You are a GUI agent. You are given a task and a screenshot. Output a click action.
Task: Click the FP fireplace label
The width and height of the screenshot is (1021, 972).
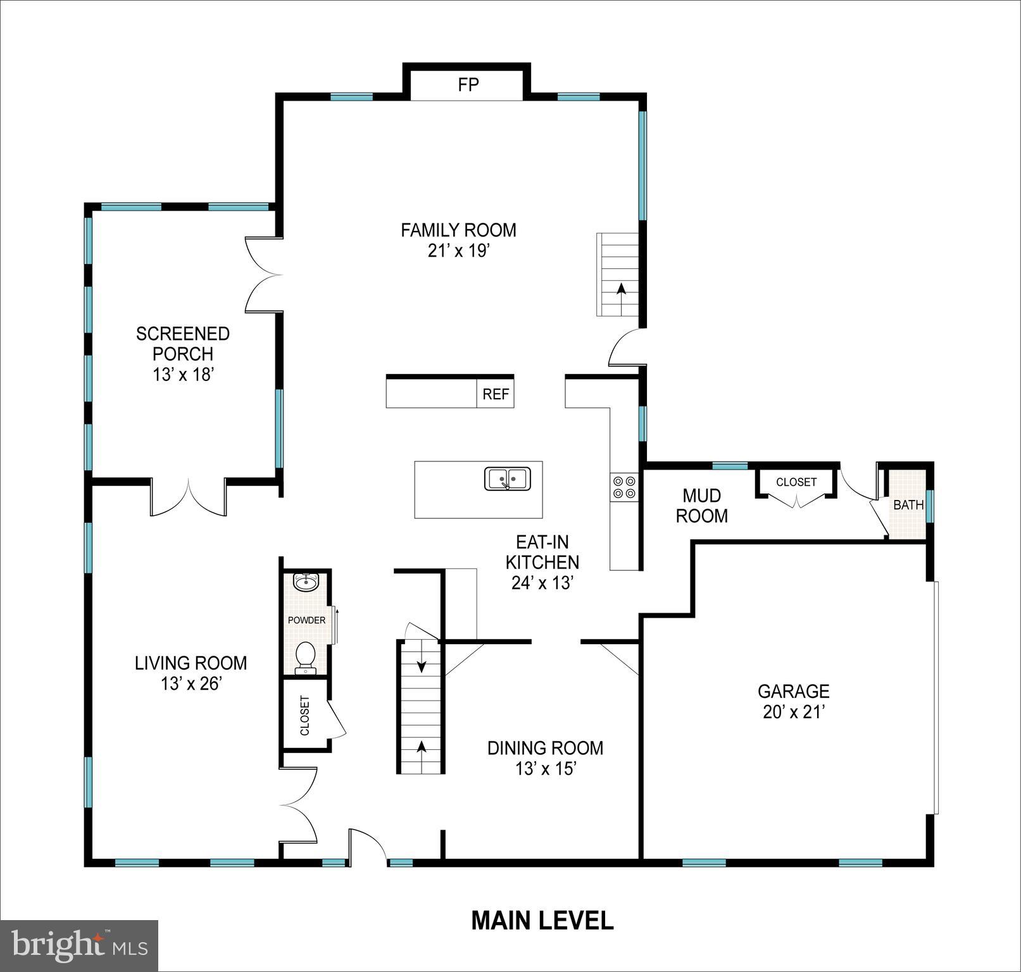[x=468, y=85]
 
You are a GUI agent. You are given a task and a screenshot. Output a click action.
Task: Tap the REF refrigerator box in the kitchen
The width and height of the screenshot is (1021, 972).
[x=495, y=394]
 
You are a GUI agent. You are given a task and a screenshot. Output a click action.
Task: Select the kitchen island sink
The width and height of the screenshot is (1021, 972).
[x=508, y=478]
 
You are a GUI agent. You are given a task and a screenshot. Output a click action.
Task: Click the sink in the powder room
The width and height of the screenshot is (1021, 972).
[x=307, y=582]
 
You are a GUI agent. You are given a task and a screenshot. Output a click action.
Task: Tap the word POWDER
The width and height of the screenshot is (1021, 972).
[x=306, y=620]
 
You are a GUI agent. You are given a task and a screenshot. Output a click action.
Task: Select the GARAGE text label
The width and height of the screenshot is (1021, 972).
[x=793, y=691]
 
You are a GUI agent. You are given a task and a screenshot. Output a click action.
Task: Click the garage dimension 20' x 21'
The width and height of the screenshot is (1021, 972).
[x=794, y=712]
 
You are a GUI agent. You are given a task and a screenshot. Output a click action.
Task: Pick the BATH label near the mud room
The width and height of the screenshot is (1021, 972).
[x=908, y=505]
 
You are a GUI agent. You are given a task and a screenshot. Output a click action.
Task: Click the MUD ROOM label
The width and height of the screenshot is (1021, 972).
[x=701, y=506]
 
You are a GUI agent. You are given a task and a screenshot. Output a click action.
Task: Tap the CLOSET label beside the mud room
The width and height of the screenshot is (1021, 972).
[x=796, y=482]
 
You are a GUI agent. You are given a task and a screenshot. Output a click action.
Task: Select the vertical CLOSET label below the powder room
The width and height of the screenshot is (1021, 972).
[x=305, y=716]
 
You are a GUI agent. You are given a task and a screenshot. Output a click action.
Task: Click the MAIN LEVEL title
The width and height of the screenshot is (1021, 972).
[x=542, y=920]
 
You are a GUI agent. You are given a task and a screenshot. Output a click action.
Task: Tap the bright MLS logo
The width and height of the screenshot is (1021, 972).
[x=79, y=945]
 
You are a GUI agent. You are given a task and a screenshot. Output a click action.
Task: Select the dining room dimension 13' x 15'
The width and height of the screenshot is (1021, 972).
[x=545, y=769]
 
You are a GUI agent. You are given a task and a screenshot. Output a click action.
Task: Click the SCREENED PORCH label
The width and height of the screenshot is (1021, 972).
[x=183, y=344]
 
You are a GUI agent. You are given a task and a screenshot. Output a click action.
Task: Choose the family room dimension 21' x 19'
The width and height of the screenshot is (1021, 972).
[x=459, y=251]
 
